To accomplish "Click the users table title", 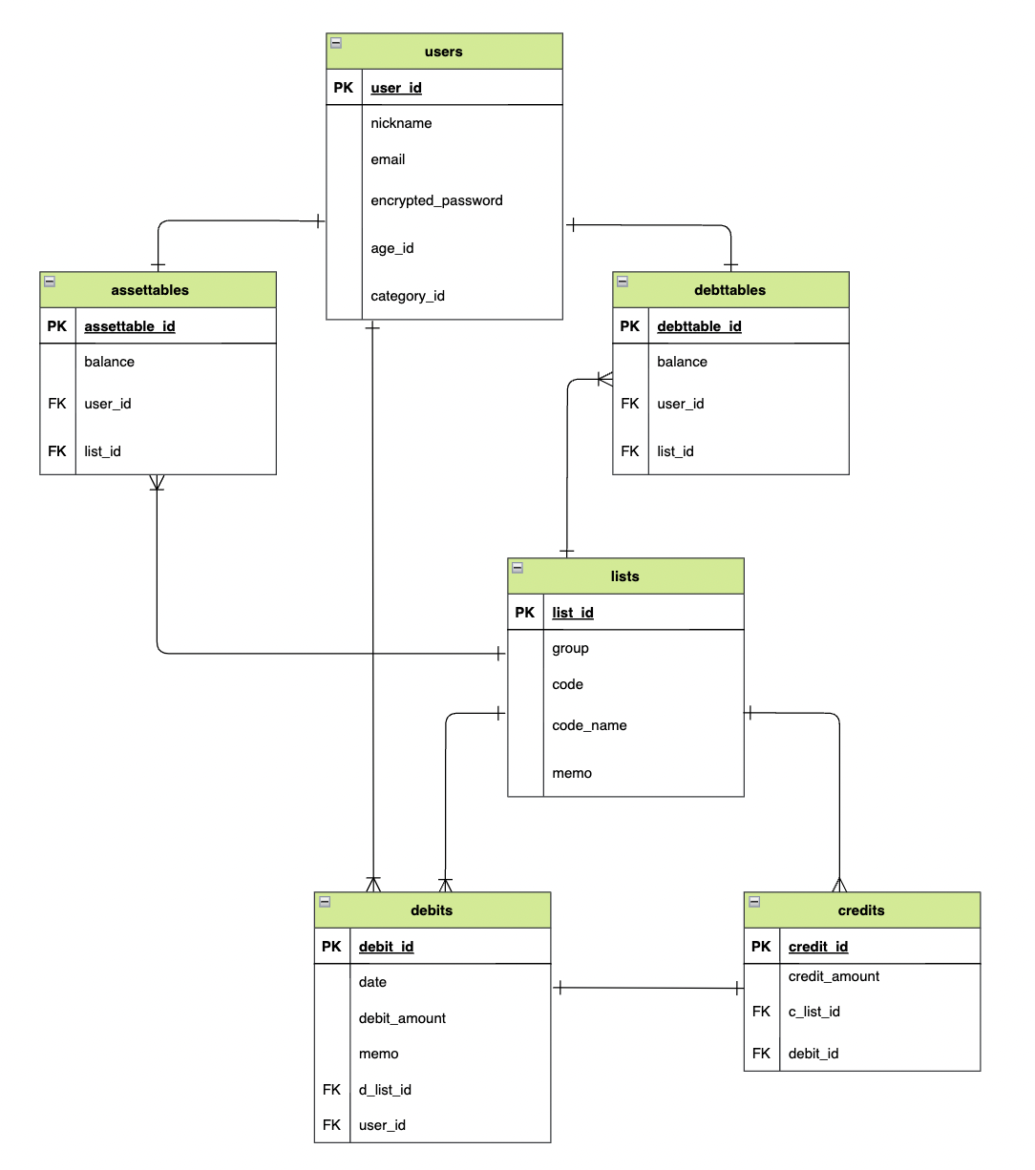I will pyautogui.click(x=443, y=52).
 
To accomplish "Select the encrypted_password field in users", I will pyautogui.click(x=436, y=200).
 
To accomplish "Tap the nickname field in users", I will pyautogui.click(x=401, y=123).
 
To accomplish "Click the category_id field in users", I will pyautogui.click(x=408, y=296).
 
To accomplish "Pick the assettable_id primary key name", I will pyautogui.click(x=130, y=326).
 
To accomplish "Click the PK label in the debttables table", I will pyautogui.click(x=630, y=326).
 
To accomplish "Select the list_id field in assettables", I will pyautogui.click(x=102, y=451).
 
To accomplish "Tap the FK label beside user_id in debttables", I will pyautogui.click(x=630, y=404).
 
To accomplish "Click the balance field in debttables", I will pyautogui.click(x=682, y=362).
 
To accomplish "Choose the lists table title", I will pyautogui.click(x=624, y=576).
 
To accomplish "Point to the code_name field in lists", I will pyautogui.click(x=589, y=725).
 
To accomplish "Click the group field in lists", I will pyautogui.click(x=570, y=648).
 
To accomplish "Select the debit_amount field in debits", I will pyautogui.click(x=402, y=1018).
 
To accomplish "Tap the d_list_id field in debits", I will pyautogui.click(x=385, y=1090).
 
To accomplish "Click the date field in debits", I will pyautogui.click(x=372, y=982).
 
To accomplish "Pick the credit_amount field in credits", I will pyautogui.click(x=834, y=976).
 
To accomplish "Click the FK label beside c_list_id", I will pyautogui.click(x=761, y=1012).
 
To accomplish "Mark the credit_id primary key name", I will pyautogui.click(x=818, y=947).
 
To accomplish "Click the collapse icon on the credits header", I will pyautogui.click(x=754, y=902).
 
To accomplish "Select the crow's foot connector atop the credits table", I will pyautogui.click(x=839, y=885).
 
